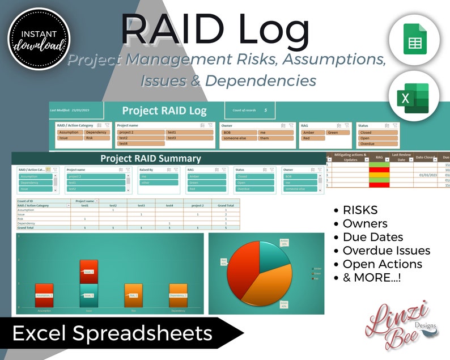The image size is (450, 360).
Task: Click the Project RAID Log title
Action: [164, 111]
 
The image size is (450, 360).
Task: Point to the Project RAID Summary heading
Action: [150, 159]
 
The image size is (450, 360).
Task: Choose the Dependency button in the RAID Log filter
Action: [96, 132]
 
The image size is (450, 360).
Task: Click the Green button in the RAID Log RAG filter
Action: [338, 132]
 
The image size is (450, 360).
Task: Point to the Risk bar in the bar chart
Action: [133, 295]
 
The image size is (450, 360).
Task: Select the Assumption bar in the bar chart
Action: [44, 295]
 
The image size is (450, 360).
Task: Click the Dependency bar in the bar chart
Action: [178, 295]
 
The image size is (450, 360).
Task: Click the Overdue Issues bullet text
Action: [386, 250]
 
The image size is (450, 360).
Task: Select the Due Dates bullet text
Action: [372, 237]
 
